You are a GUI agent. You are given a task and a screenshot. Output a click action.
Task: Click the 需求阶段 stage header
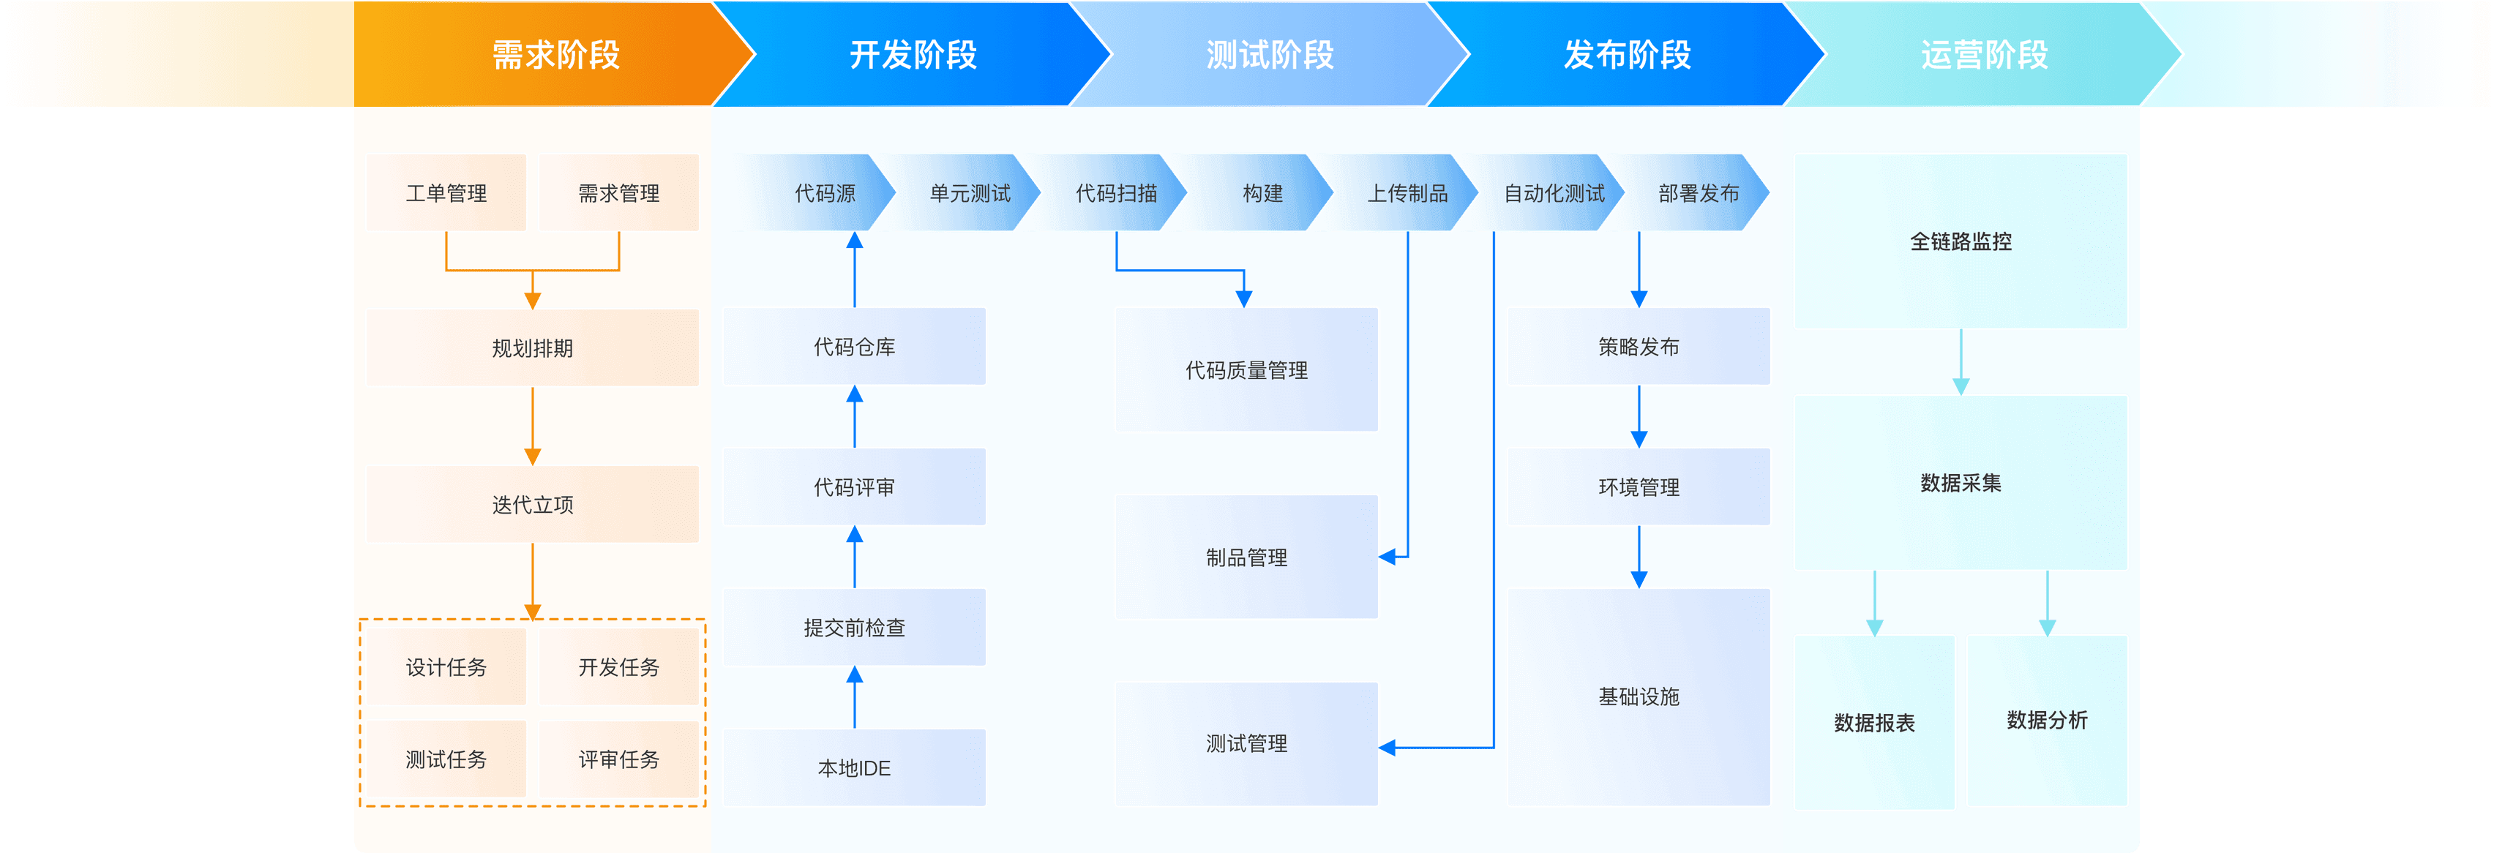(555, 54)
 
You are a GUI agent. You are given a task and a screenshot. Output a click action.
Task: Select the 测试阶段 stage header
(1269, 54)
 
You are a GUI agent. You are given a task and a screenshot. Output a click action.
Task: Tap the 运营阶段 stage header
(1984, 54)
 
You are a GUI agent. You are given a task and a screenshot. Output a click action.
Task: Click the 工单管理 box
(446, 192)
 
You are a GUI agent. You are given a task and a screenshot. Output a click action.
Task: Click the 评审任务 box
(618, 759)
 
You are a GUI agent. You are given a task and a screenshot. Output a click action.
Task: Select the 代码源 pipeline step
(824, 192)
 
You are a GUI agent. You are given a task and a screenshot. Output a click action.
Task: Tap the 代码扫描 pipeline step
(1115, 192)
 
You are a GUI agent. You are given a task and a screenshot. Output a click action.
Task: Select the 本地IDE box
(853, 768)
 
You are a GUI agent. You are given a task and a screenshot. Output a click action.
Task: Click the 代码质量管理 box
(1246, 370)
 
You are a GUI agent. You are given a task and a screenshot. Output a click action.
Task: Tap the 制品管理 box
(1246, 557)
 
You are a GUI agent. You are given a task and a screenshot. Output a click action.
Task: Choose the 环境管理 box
(1638, 487)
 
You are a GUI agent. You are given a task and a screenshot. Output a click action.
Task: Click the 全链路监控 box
(1961, 241)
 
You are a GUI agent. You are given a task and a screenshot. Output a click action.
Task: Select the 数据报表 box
(1874, 722)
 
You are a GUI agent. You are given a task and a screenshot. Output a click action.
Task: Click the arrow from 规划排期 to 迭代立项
(533, 426)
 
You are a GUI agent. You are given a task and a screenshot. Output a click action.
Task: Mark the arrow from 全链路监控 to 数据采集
(1961, 362)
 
